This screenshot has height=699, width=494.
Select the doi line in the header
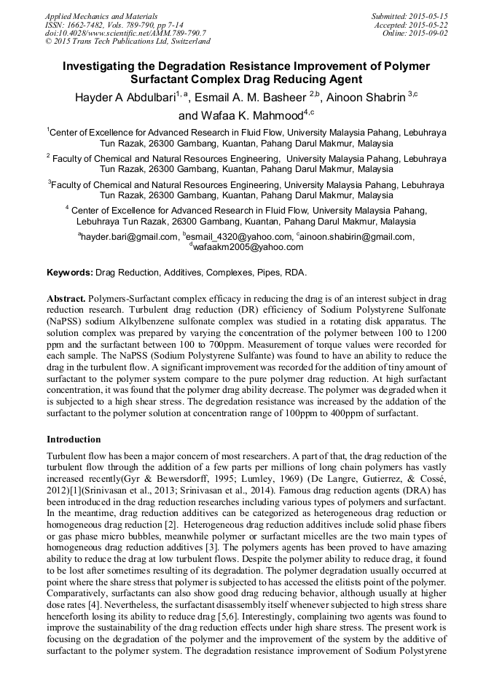pos(125,33)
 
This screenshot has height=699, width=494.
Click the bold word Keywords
pos(69,273)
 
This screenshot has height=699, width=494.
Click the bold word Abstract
pos(66,300)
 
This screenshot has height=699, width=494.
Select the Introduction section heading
pos(74,440)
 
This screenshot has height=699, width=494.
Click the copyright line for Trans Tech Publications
pos(128,41)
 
